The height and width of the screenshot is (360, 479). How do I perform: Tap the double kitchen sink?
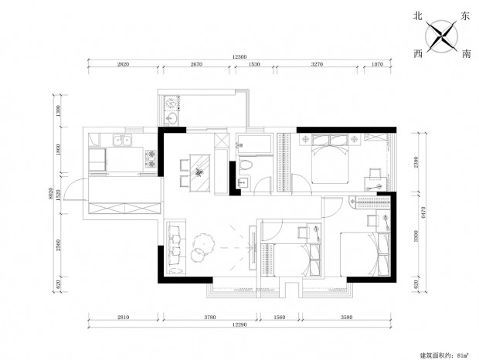[122, 141]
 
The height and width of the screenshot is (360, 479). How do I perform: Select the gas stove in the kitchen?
[151, 159]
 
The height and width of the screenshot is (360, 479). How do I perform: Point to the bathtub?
[254, 144]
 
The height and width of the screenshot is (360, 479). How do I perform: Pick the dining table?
[200, 173]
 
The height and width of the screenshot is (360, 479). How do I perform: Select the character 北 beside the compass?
[418, 16]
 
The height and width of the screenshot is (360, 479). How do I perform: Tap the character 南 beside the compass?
[466, 54]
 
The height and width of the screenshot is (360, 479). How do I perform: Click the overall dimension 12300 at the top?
[239, 57]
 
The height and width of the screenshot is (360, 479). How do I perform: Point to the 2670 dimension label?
[196, 64]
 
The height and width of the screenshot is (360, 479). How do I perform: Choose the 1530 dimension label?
[254, 64]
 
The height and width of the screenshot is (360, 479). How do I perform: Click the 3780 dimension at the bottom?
[210, 318]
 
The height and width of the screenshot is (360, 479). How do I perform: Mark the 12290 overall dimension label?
[239, 324]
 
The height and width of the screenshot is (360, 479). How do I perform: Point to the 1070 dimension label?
[377, 64]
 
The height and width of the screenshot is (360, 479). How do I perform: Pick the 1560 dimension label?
[279, 318]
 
